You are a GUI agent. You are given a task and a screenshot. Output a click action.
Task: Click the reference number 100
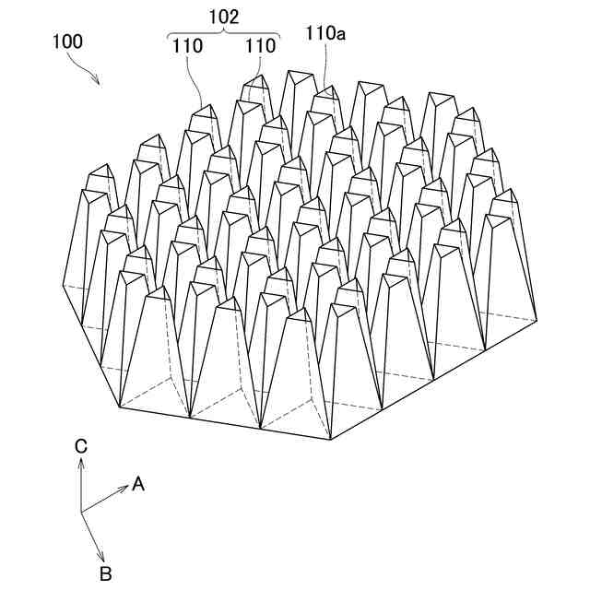[x=67, y=41]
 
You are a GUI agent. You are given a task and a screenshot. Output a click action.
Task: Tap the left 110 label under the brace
[x=186, y=45]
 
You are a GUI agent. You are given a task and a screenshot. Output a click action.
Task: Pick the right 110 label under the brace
[x=260, y=45]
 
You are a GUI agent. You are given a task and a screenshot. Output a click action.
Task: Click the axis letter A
[x=138, y=483]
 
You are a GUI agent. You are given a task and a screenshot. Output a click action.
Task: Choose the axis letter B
[x=106, y=573]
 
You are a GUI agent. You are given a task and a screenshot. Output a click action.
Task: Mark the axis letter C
[x=81, y=446]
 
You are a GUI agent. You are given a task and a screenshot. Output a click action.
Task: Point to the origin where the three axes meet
[x=81, y=511]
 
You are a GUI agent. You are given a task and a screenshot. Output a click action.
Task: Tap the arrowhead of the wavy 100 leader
[x=99, y=81]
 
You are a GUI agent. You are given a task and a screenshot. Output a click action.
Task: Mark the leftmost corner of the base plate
[x=63, y=287]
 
